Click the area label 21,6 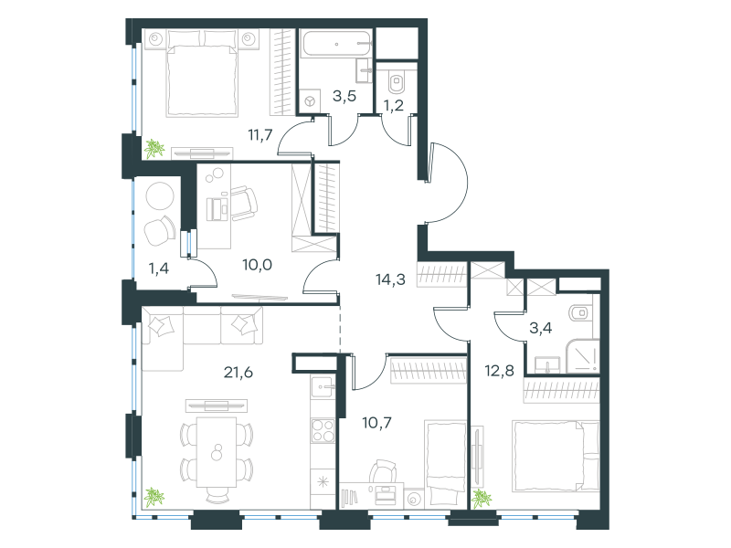238,373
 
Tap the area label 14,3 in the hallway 390,279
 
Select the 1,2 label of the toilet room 394,106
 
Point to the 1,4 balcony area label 158,269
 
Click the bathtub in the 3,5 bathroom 336,44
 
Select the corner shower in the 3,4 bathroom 582,356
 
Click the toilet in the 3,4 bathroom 581,313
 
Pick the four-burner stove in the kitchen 323,430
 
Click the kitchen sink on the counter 323,386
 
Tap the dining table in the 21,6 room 217,451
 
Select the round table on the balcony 160,195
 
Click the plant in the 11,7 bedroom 154,149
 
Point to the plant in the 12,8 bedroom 482,499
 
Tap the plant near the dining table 154,497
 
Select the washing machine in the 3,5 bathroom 310,101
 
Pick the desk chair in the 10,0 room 244,204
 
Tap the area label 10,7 376,423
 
